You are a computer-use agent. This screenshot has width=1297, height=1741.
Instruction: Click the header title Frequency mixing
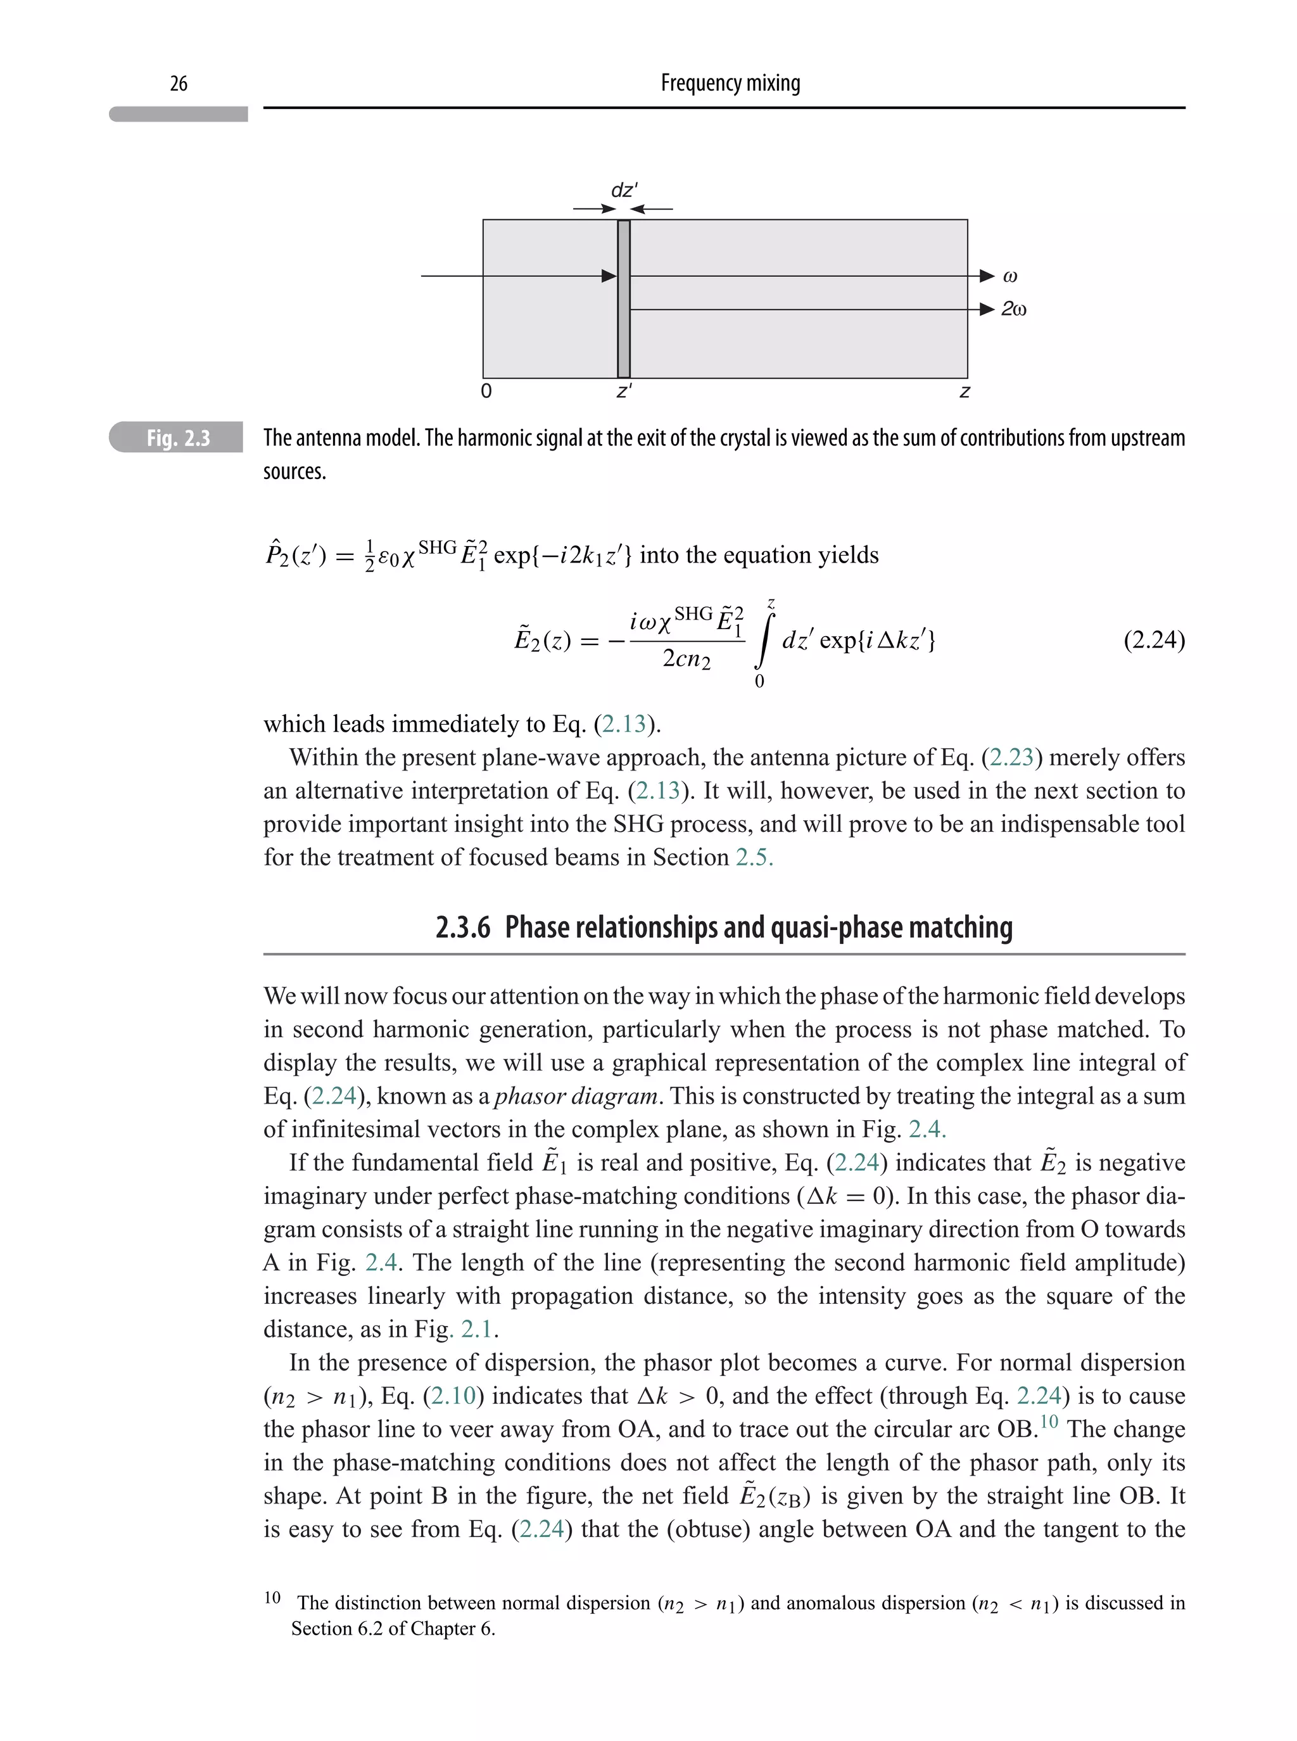pos(730,82)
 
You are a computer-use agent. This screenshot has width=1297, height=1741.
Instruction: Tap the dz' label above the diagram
pos(624,190)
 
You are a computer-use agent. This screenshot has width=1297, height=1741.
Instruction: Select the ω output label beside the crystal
pos(1011,276)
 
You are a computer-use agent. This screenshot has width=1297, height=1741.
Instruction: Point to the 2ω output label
pos(1013,309)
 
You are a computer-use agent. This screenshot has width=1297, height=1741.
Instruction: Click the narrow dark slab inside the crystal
pos(623,298)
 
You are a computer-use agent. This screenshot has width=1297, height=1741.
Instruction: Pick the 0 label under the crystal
pos(486,391)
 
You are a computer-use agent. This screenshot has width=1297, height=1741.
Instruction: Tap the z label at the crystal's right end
pos(965,391)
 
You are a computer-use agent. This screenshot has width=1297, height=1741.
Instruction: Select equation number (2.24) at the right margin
pos(1153,640)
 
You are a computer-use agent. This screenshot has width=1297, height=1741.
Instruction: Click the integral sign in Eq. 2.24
pos(762,640)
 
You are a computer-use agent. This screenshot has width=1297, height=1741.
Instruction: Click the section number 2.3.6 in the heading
pos(462,928)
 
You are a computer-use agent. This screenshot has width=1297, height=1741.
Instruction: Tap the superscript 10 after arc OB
pos(1049,1422)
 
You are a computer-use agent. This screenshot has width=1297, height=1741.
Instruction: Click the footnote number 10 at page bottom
pos(272,1597)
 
